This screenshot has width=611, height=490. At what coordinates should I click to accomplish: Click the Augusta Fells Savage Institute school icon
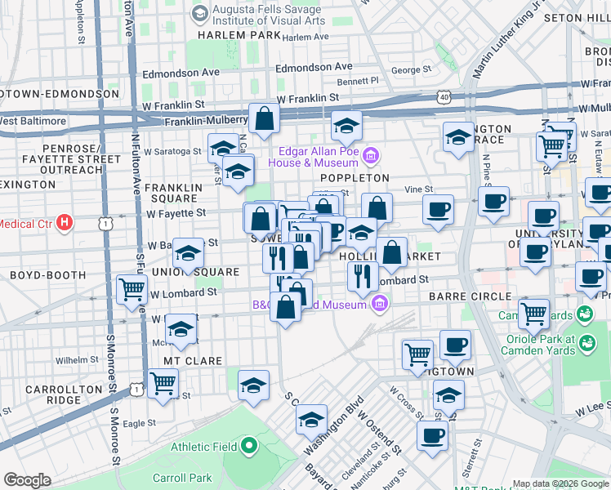pos(198,12)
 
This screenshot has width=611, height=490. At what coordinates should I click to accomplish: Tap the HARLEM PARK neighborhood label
pos(238,36)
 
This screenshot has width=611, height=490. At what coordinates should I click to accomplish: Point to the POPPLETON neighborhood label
pos(355,177)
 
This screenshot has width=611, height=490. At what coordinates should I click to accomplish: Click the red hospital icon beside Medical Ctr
pos(66,222)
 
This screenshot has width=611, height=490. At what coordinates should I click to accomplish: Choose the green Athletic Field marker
pos(249,446)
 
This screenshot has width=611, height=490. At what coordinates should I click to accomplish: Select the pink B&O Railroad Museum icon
pos(377,305)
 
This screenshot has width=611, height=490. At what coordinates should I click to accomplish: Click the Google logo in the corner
pos(28,480)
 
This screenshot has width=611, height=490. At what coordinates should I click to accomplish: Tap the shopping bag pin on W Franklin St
pos(265,120)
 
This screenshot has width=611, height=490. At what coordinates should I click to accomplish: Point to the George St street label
pos(409,70)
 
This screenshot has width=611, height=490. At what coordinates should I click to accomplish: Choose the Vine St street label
pos(419,189)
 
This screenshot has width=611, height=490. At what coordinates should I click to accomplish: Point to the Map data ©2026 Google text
pos(560,483)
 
